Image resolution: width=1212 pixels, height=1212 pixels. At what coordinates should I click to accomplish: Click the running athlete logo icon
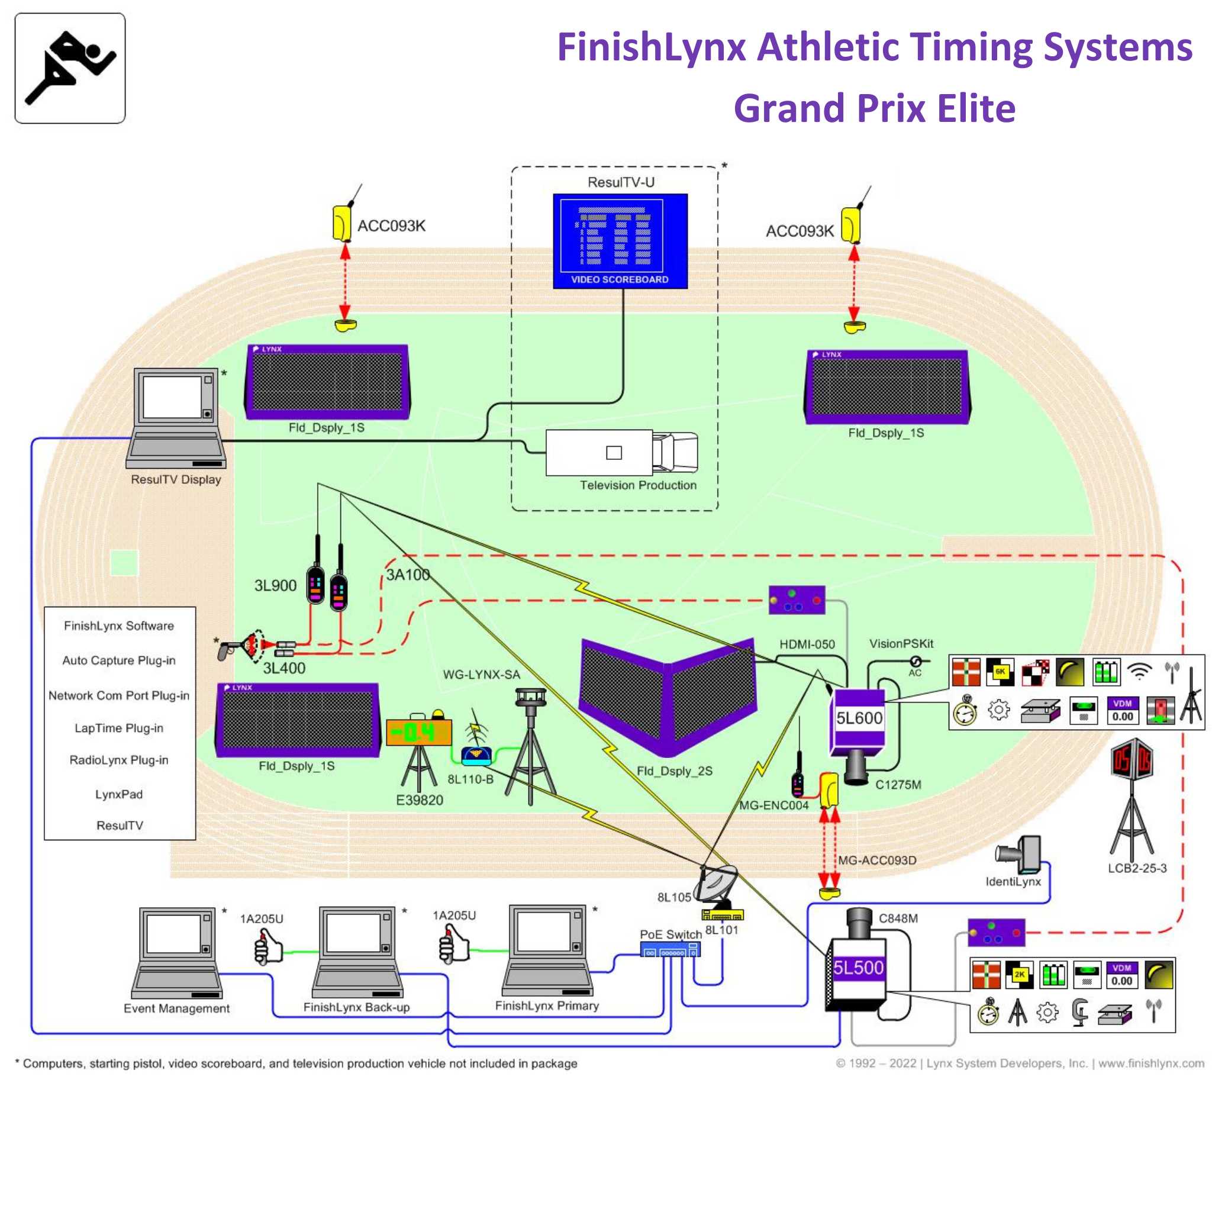click(70, 67)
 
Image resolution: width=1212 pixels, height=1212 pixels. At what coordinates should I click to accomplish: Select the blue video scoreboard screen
click(620, 241)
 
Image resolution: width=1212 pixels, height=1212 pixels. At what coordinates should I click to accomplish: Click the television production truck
click(621, 452)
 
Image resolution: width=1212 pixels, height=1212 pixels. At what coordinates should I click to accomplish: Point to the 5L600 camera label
click(859, 718)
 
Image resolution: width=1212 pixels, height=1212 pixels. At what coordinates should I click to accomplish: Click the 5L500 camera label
click(858, 968)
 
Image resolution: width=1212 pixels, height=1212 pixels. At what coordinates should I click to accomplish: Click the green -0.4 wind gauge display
click(418, 732)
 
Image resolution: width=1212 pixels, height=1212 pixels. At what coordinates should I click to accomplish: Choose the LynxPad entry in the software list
click(119, 794)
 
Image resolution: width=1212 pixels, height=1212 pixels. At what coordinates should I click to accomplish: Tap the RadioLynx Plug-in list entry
click(119, 760)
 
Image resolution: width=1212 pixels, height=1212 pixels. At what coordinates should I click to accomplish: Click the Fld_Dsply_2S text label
click(675, 771)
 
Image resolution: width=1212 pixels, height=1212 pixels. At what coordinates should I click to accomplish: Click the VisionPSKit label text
click(901, 644)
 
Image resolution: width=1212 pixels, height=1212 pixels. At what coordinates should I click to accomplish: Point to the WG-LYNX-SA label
click(481, 675)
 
